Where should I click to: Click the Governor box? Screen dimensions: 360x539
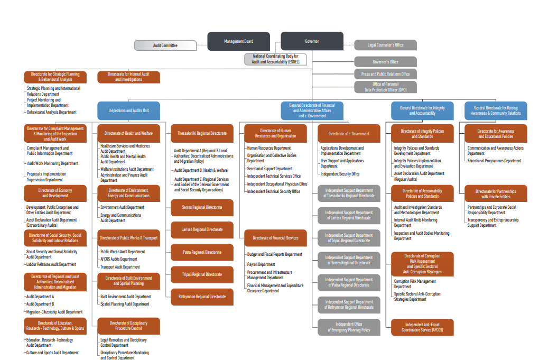pos(312,41)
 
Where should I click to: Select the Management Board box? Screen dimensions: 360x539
pos(238,41)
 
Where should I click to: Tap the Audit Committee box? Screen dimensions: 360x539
pos(165,45)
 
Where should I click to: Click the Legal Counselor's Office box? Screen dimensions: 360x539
pos(385,45)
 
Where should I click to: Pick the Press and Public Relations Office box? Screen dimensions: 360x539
pos(385,74)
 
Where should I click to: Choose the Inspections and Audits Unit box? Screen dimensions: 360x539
pos(128,110)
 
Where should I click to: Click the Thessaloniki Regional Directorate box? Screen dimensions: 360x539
pos(201,133)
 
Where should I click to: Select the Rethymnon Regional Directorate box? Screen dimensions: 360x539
pos(201,297)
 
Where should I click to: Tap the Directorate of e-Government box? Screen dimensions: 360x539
pos(349,134)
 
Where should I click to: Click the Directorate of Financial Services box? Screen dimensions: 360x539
pos(275,238)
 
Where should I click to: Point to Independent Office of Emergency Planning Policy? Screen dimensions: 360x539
pos(349,327)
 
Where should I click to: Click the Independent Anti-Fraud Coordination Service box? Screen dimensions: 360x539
pos(422,327)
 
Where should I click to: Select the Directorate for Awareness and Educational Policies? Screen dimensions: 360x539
pos(496,133)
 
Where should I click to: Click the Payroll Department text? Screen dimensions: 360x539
pos(261,264)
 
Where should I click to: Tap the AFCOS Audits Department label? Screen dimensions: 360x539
pos(119,260)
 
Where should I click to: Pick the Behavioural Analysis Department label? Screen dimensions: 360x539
pos(52,112)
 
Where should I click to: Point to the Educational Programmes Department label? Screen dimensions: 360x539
pos(494,161)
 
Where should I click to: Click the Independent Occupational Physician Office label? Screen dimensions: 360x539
pos(277,184)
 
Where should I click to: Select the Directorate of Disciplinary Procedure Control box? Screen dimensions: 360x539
pos(128,326)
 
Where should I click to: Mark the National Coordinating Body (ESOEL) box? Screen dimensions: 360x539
pos(275,59)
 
